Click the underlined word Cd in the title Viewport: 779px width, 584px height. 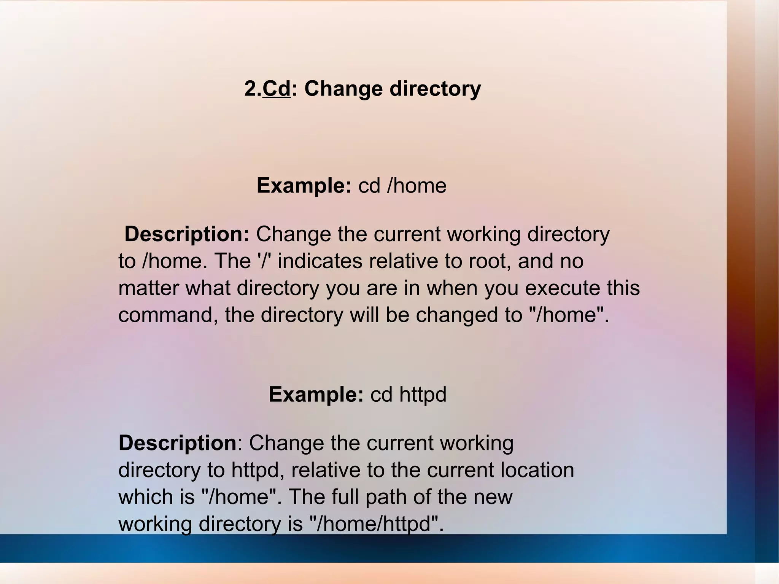[277, 89]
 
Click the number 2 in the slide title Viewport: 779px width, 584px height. [250, 89]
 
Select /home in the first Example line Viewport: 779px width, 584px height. [417, 186]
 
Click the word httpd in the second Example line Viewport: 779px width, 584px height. [423, 394]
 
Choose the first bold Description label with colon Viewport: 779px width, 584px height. [187, 234]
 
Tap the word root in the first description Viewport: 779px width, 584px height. [490, 261]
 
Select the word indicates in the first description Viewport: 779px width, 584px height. [320, 261]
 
